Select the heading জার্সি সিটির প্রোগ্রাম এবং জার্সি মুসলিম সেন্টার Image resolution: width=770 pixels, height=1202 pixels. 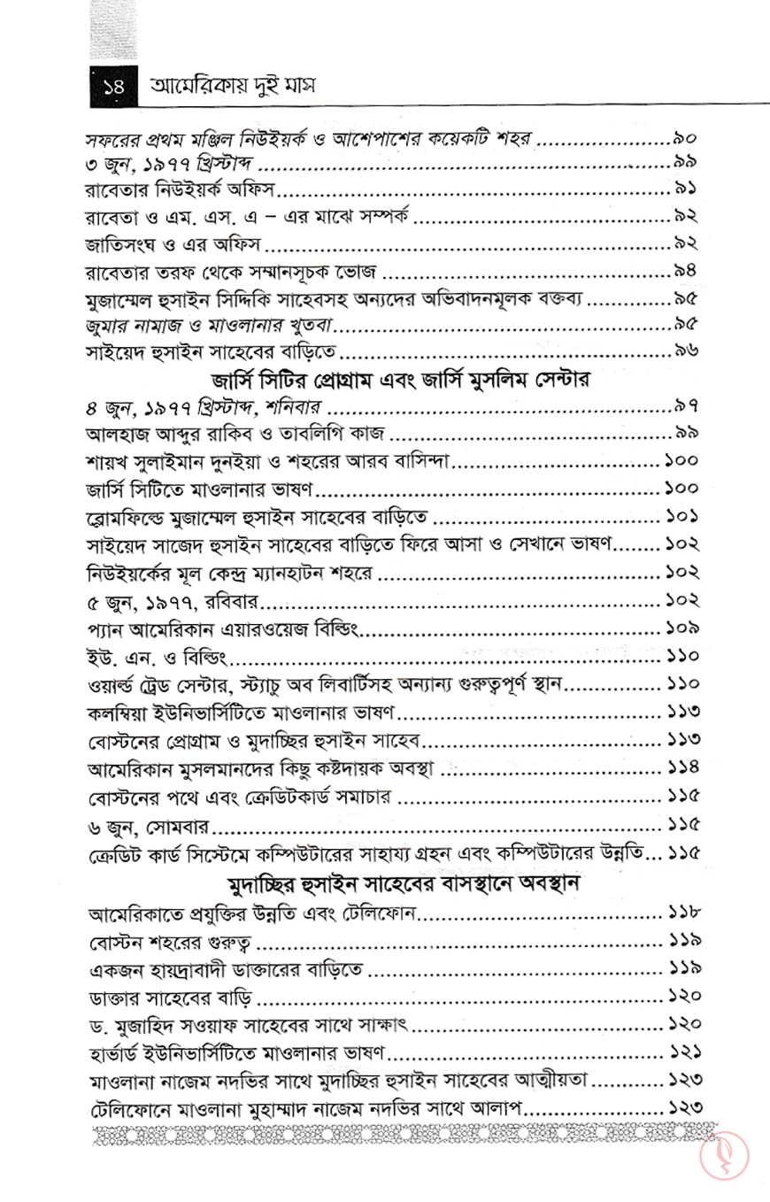pos(401,381)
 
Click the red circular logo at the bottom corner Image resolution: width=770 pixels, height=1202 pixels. pos(724,1156)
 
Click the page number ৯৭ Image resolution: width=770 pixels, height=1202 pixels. pos(684,408)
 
